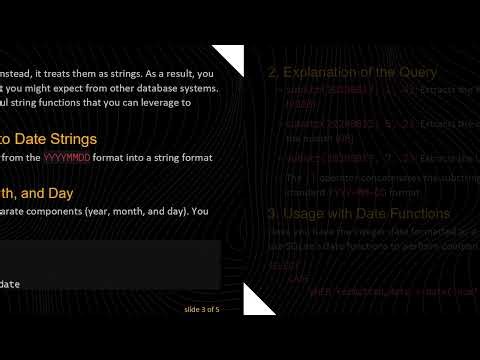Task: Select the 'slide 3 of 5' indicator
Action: (x=202, y=309)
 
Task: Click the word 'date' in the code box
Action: (x=11, y=284)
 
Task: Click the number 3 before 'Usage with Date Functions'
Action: (x=272, y=213)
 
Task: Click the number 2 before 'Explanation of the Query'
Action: (x=272, y=72)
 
